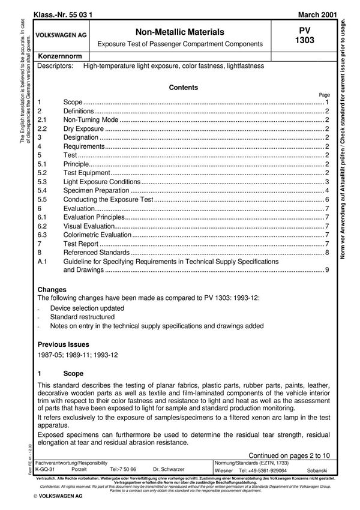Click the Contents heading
click(183, 88)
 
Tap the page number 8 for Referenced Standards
click(326, 253)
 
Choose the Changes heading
click(52, 290)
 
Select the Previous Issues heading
click(63, 344)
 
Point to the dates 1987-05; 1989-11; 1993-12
click(78, 355)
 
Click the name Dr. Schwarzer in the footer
click(169, 470)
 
